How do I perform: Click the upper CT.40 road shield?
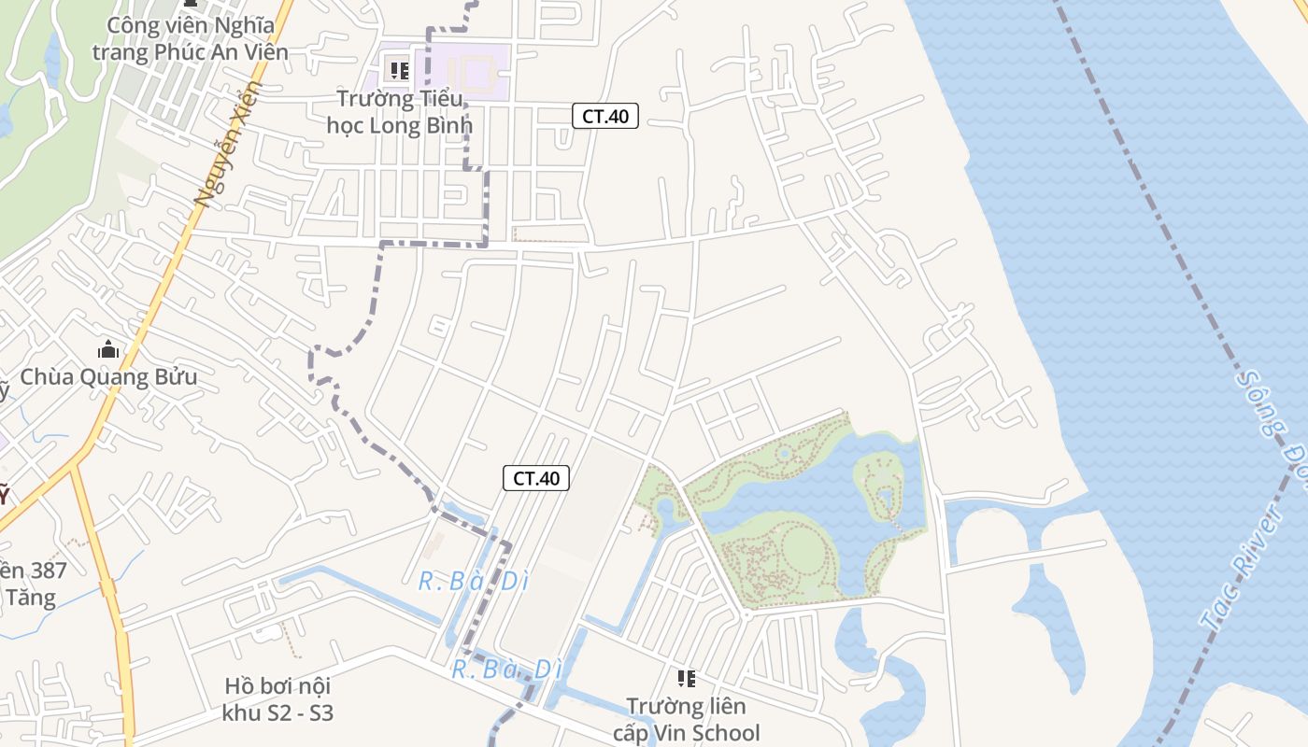point(605,116)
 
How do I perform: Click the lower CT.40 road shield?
point(536,478)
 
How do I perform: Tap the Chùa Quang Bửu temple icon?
point(108,350)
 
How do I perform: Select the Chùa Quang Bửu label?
point(108,377)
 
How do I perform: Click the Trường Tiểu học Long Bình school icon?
point(400,70)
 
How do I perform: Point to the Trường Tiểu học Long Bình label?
point(400,111)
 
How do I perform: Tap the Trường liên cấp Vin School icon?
point(687,679)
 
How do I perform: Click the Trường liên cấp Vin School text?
point(687,720)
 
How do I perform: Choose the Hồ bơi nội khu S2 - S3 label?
point(277,700)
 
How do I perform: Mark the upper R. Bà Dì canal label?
point(474,581)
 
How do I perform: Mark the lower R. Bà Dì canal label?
point(507,669)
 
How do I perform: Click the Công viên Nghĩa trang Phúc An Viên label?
point(191,38)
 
